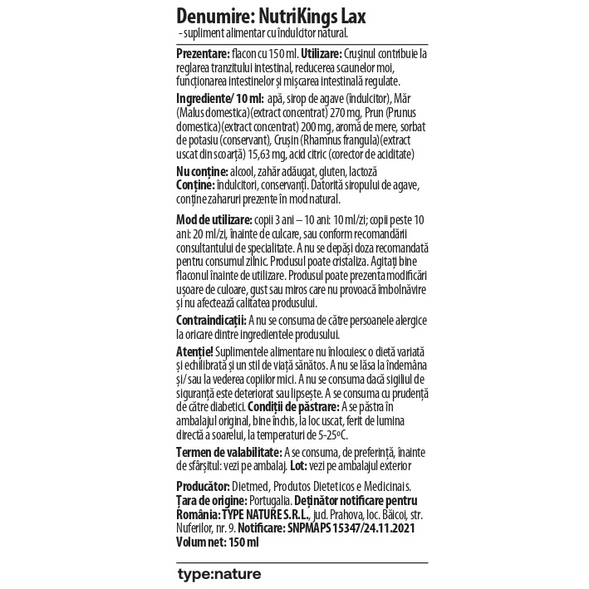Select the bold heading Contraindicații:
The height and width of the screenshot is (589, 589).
[x=211, y=320]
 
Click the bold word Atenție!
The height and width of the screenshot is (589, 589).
[x=195, y=352]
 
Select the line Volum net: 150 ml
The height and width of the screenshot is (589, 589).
[x=218, y=542]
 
